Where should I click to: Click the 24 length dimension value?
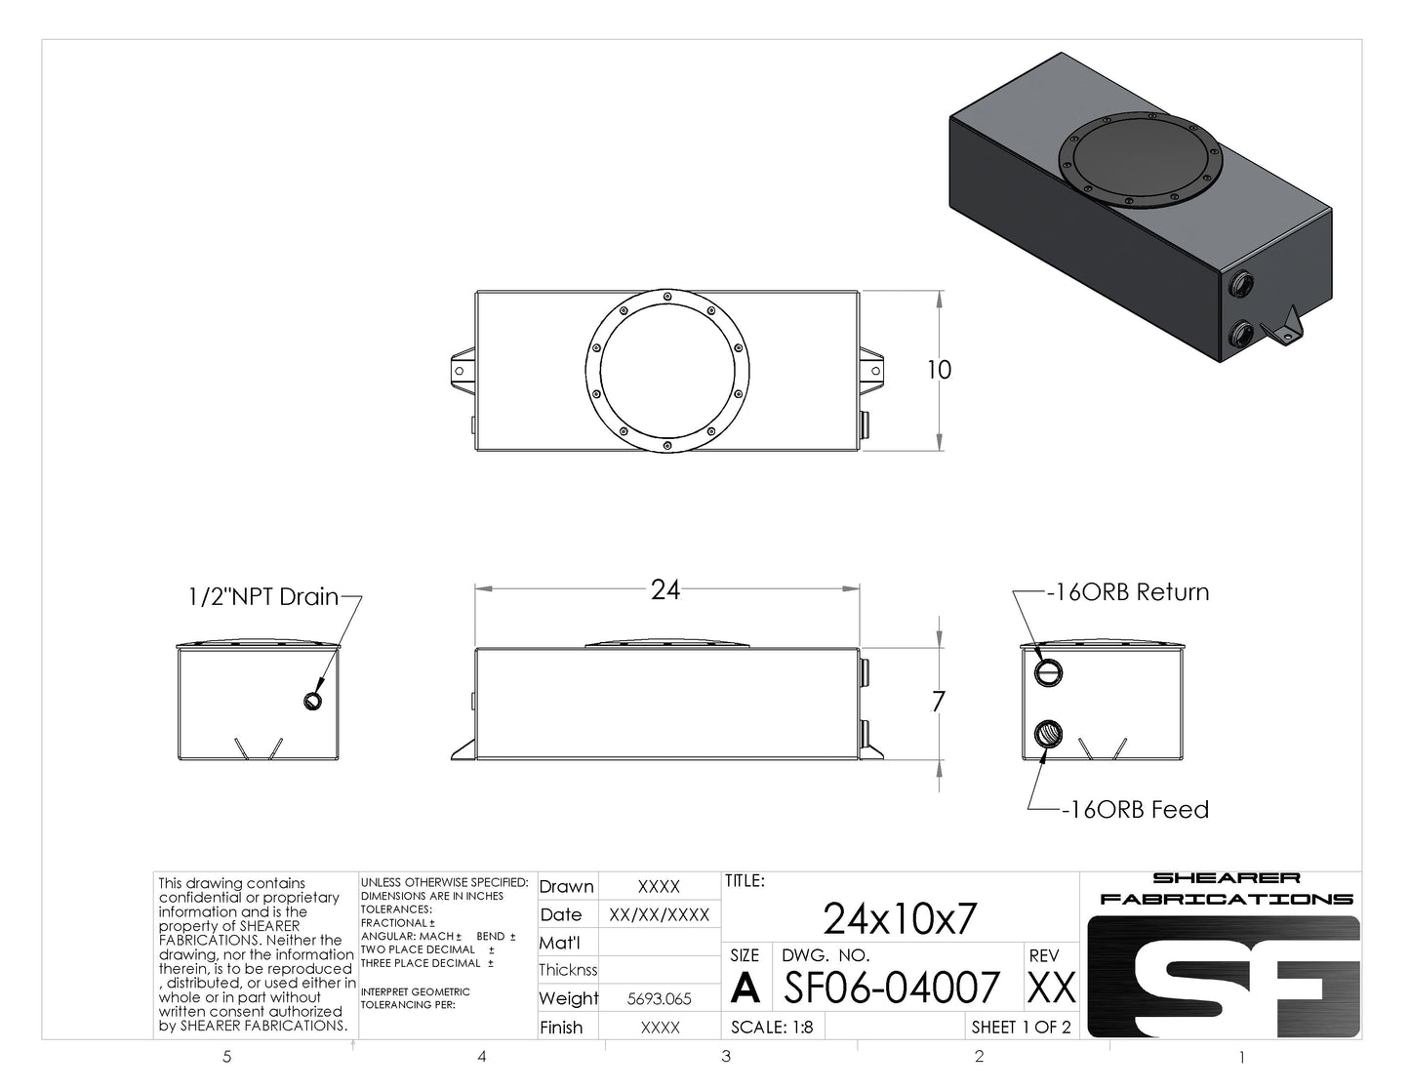point(665,589)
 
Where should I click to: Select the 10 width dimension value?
point(939,370)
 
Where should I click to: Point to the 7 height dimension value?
point(939,702)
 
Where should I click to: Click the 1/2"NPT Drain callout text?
point(263,596)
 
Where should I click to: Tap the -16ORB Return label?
point(1128,592)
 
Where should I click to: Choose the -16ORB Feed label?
point(1135,810)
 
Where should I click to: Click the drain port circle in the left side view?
point(313,700)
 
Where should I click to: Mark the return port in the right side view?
point(1049,672)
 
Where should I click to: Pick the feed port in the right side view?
point(1049,734)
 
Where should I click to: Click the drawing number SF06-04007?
point(892,987)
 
